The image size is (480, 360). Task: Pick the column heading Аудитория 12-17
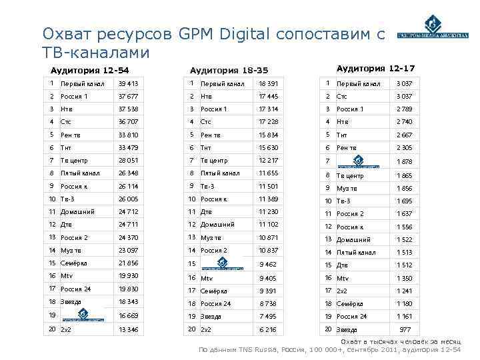coord(375,69)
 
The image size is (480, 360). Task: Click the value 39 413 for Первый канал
coord(128,84)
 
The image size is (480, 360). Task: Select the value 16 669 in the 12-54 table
coord(128,315)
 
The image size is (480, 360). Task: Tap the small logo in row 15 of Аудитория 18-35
coord(221,262)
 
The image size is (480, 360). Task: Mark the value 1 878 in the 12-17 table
coord(405,161)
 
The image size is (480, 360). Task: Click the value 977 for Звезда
coord(405,329)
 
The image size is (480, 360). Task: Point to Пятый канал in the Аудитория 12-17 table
coord(355,253)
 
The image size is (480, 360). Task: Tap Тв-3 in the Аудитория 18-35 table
coord(208,186)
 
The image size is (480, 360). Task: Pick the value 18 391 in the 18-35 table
coord(268,84)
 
